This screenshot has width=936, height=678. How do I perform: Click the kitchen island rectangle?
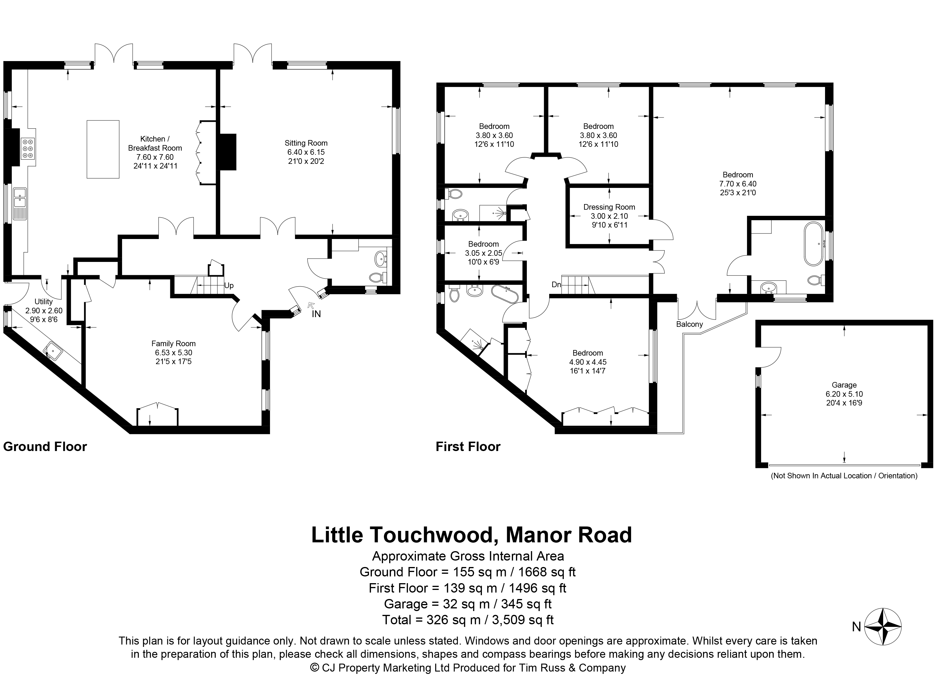point(103,149)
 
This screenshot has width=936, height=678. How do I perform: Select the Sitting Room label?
point(306,143)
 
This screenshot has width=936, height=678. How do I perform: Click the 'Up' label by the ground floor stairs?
point(229,286)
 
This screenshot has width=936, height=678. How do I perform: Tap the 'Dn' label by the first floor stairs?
point(556,285)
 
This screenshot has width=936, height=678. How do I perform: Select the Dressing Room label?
point(609,207)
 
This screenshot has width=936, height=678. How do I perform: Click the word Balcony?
point(689,324)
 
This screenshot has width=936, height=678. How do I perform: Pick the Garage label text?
point(844,385)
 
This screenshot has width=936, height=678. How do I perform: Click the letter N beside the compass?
point(856,627)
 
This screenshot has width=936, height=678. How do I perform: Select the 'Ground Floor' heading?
point(45,447)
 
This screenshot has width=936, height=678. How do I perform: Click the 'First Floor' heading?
point(468,447)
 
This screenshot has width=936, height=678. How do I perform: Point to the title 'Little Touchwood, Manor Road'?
point(471,535)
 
